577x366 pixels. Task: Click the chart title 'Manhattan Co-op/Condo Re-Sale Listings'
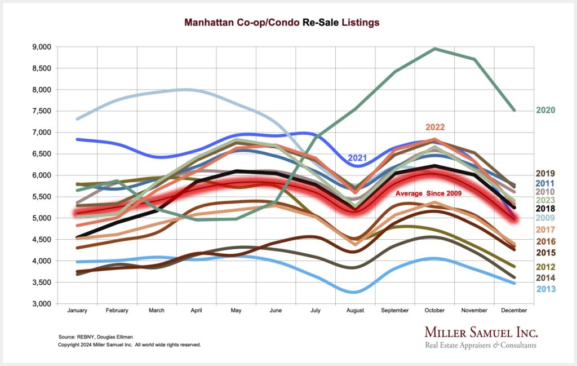click(x=282, y=23)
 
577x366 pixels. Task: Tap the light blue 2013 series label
click(x=545, y=289)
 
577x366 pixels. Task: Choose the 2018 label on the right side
click(x=545, y=209)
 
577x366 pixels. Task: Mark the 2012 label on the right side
click(x=545, y=266)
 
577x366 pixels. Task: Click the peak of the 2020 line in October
click(x=434, y=48)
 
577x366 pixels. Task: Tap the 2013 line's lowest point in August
click(x=354, y=292)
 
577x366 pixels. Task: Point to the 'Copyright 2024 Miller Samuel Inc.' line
click(x=129, y=344)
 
